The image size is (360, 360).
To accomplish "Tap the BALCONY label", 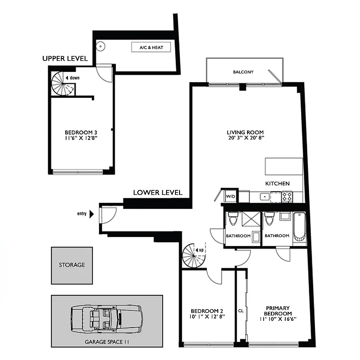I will tap(243, 72).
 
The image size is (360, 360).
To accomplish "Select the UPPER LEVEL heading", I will tap(65, 59).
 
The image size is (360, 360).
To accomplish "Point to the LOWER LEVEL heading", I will tap(157, 193).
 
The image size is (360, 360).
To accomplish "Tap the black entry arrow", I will tap(92, 214).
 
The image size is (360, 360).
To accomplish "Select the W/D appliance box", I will tap(230, 196).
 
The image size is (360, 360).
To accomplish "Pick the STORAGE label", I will tap(72, 265).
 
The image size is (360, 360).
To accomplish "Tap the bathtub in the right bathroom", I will tap(299, 227).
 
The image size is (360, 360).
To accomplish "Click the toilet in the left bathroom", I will tap(232, 219).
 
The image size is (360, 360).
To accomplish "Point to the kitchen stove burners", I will tap(287, 196).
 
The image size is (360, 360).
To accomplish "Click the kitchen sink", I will tap(265, 196).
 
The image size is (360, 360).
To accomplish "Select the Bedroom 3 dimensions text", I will tap(81, 138).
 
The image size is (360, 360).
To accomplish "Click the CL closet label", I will tap(241, 310).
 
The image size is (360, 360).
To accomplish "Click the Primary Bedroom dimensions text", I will tap(278, 319).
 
